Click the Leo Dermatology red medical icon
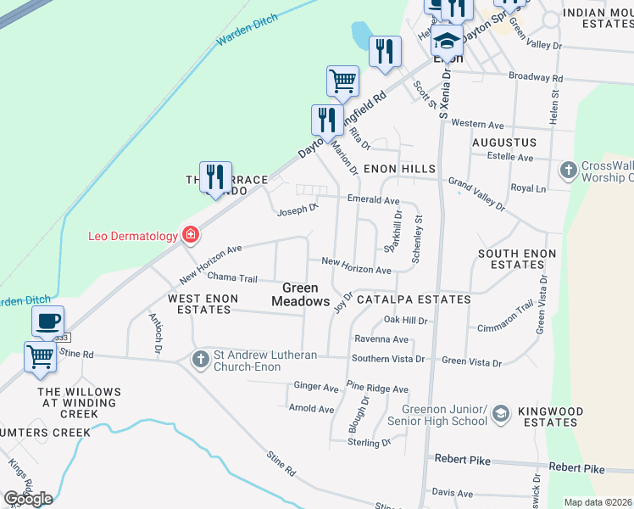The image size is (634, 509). click(192, 235)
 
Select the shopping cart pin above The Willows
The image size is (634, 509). click(40, 357)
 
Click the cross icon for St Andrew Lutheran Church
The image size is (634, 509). click(200, 359)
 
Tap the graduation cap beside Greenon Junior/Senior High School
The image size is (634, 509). click(500, 413)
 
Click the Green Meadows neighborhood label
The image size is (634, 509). click(300, 294)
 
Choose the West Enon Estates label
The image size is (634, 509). click(199, 304)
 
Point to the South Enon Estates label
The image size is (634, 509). click(517, 260)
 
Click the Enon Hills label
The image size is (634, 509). click(398, 170)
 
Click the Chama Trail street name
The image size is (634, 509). click(231, 277)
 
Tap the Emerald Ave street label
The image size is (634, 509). click(373, 200)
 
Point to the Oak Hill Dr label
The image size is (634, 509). click(405, 320)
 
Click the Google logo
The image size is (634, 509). click(28, 498)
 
